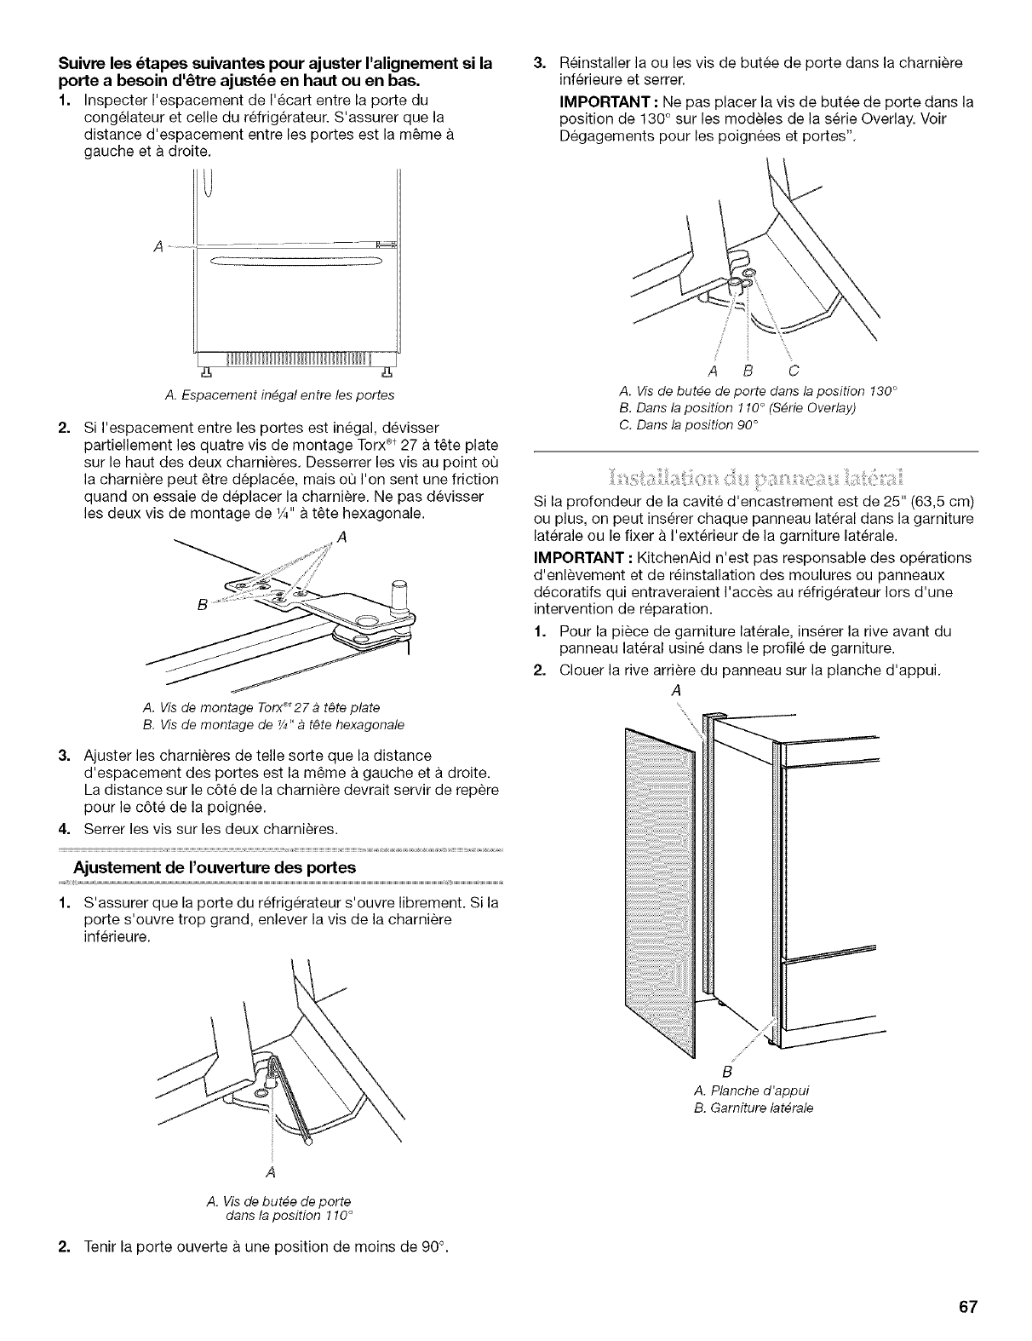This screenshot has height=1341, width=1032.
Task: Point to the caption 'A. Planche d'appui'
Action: (x=752, y=1090)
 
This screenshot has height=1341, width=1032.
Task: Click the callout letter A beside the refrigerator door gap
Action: (x=156, y=247)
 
